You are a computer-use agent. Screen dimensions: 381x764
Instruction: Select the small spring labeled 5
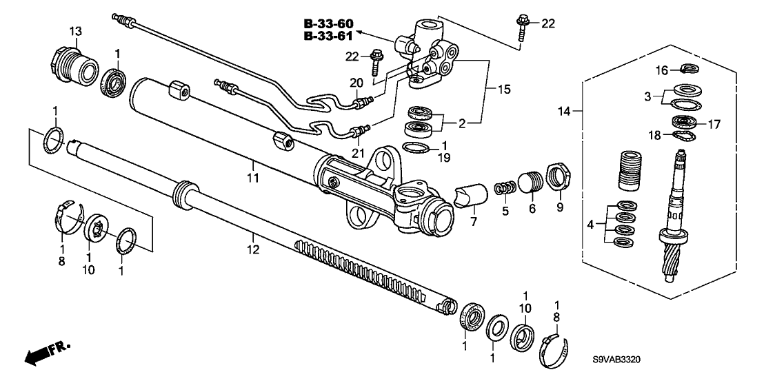point(505,189)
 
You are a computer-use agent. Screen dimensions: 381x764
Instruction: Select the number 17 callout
point(710,125)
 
